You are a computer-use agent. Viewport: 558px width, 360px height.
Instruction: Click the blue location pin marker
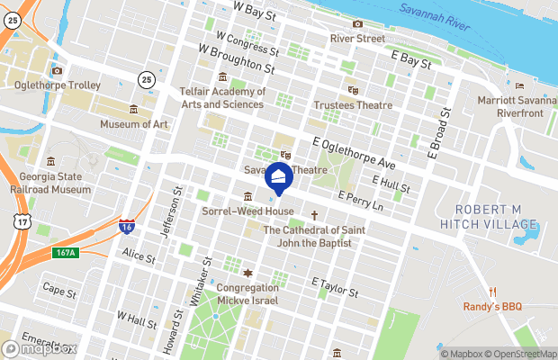click(278, 178)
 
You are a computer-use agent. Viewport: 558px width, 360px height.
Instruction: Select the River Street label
click(357, 39)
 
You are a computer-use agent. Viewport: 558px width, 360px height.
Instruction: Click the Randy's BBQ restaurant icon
click(493, 292)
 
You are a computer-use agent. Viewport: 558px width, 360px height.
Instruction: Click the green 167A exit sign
click(66, 253)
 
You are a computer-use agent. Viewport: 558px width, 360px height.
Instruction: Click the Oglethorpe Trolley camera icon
click(57, 70)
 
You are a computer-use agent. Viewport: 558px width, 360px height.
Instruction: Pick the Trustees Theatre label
click(353, 105)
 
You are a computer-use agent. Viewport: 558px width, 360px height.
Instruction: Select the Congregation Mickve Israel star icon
click(248, 273)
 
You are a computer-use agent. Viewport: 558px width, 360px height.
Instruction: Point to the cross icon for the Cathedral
click(314, 215)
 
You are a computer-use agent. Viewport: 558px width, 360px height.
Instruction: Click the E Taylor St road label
click(335, 287)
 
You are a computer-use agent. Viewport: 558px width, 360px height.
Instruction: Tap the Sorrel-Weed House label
click(248, 211)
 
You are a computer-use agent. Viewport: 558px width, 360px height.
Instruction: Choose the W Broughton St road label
click(236, 60)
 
